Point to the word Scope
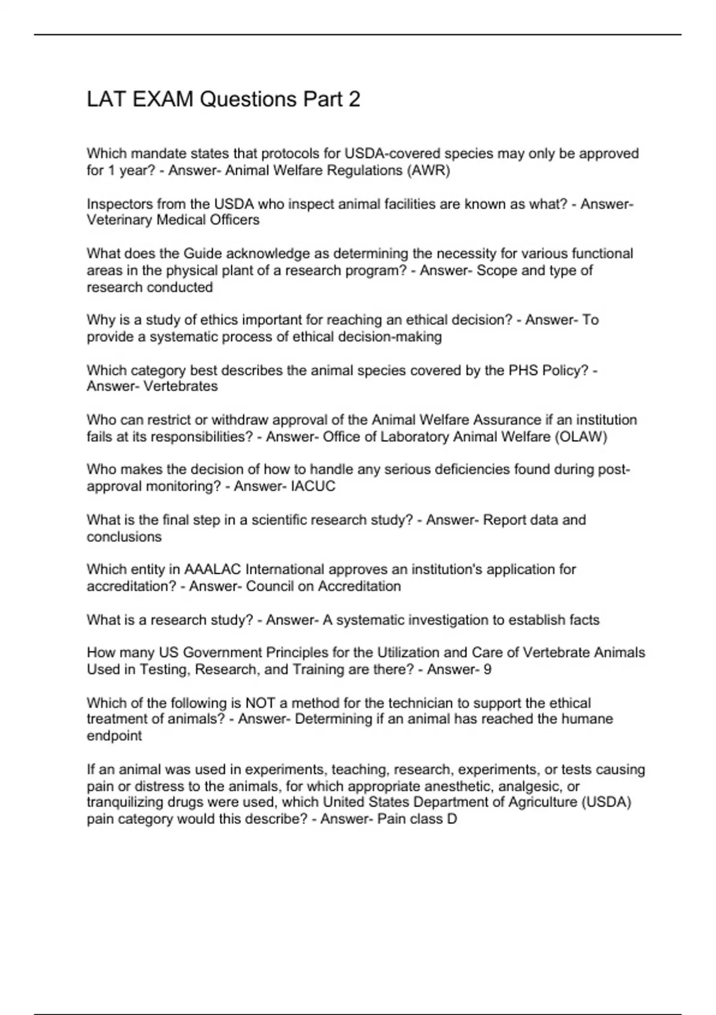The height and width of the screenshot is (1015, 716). pos(496,270)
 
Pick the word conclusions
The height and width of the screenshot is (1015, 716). pos(124,537)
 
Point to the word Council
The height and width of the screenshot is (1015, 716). pos(270,586)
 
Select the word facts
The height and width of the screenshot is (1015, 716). pos(584,620)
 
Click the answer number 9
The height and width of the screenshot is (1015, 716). pos(487,670)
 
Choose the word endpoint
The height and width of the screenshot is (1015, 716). pos(115,736)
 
